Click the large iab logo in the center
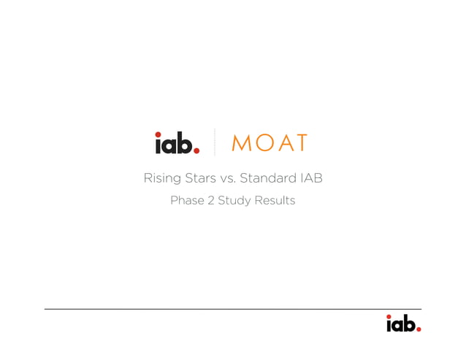tap(177, 142)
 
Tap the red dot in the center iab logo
tap(196, 150)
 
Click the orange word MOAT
tap(269, 143)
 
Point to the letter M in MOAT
tap(241, 143)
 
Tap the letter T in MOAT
tap(299, 143)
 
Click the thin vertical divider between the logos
tap(215, 142)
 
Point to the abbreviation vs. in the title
tap(229, 178)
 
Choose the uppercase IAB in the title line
tap(310, 178)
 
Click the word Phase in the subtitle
tap(187, 201)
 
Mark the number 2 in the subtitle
tap(210, 201)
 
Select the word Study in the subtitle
tap(234, 201)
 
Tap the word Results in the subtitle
tap(275, 201)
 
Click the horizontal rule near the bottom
tap(232, 309)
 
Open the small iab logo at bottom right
tap(402, 323)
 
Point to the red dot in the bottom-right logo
tap(419, 329)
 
